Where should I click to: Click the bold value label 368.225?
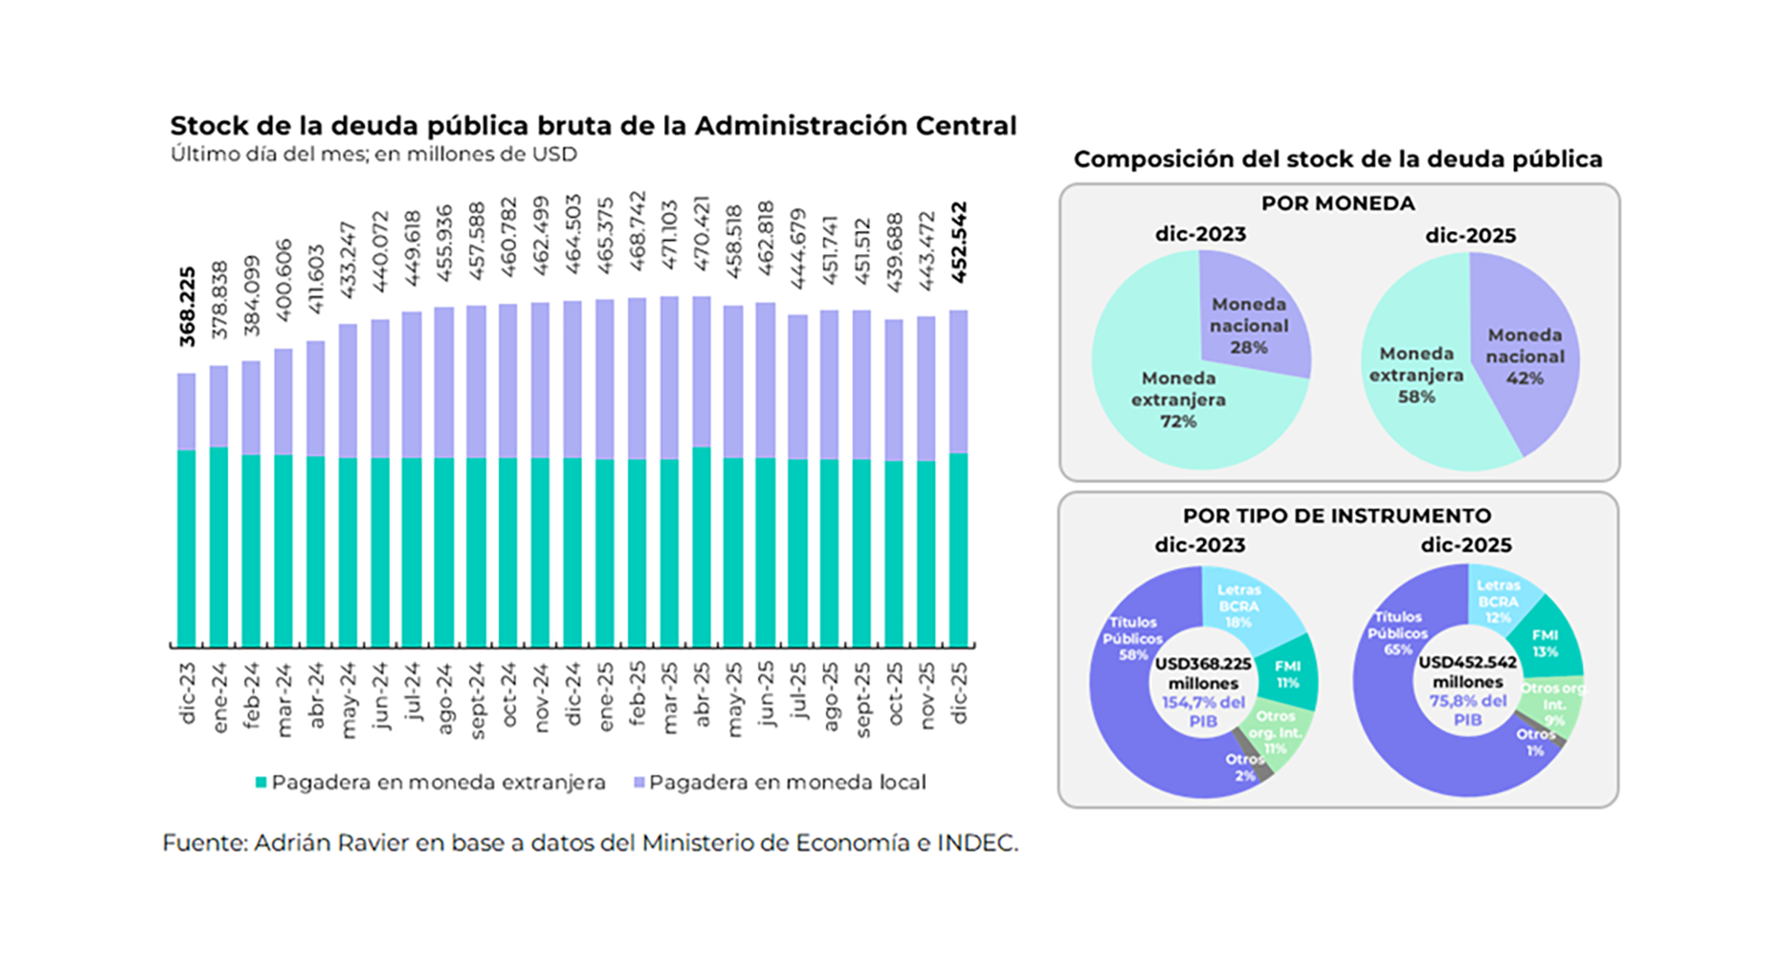click(x=187, y=307)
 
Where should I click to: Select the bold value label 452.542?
click(x=959, y=242)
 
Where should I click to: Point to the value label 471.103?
click(x=670, y=235)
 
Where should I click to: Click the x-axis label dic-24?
click(x=573, y=694)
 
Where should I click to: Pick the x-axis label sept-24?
click(x=476, y=701)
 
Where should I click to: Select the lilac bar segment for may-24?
click(x=347, y=391)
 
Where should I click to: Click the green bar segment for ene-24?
click(x=219, y=548)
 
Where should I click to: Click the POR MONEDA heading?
click(x=1337, y=203)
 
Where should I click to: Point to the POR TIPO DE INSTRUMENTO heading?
click(x=1336, y=515)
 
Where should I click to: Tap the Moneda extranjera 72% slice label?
click(x=1178, y=400)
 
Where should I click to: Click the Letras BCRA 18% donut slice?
click(x=1239, y=606)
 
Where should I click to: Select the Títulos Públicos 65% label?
click(x=1397, y=633)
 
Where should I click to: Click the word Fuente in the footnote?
click(x=204, y=843)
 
